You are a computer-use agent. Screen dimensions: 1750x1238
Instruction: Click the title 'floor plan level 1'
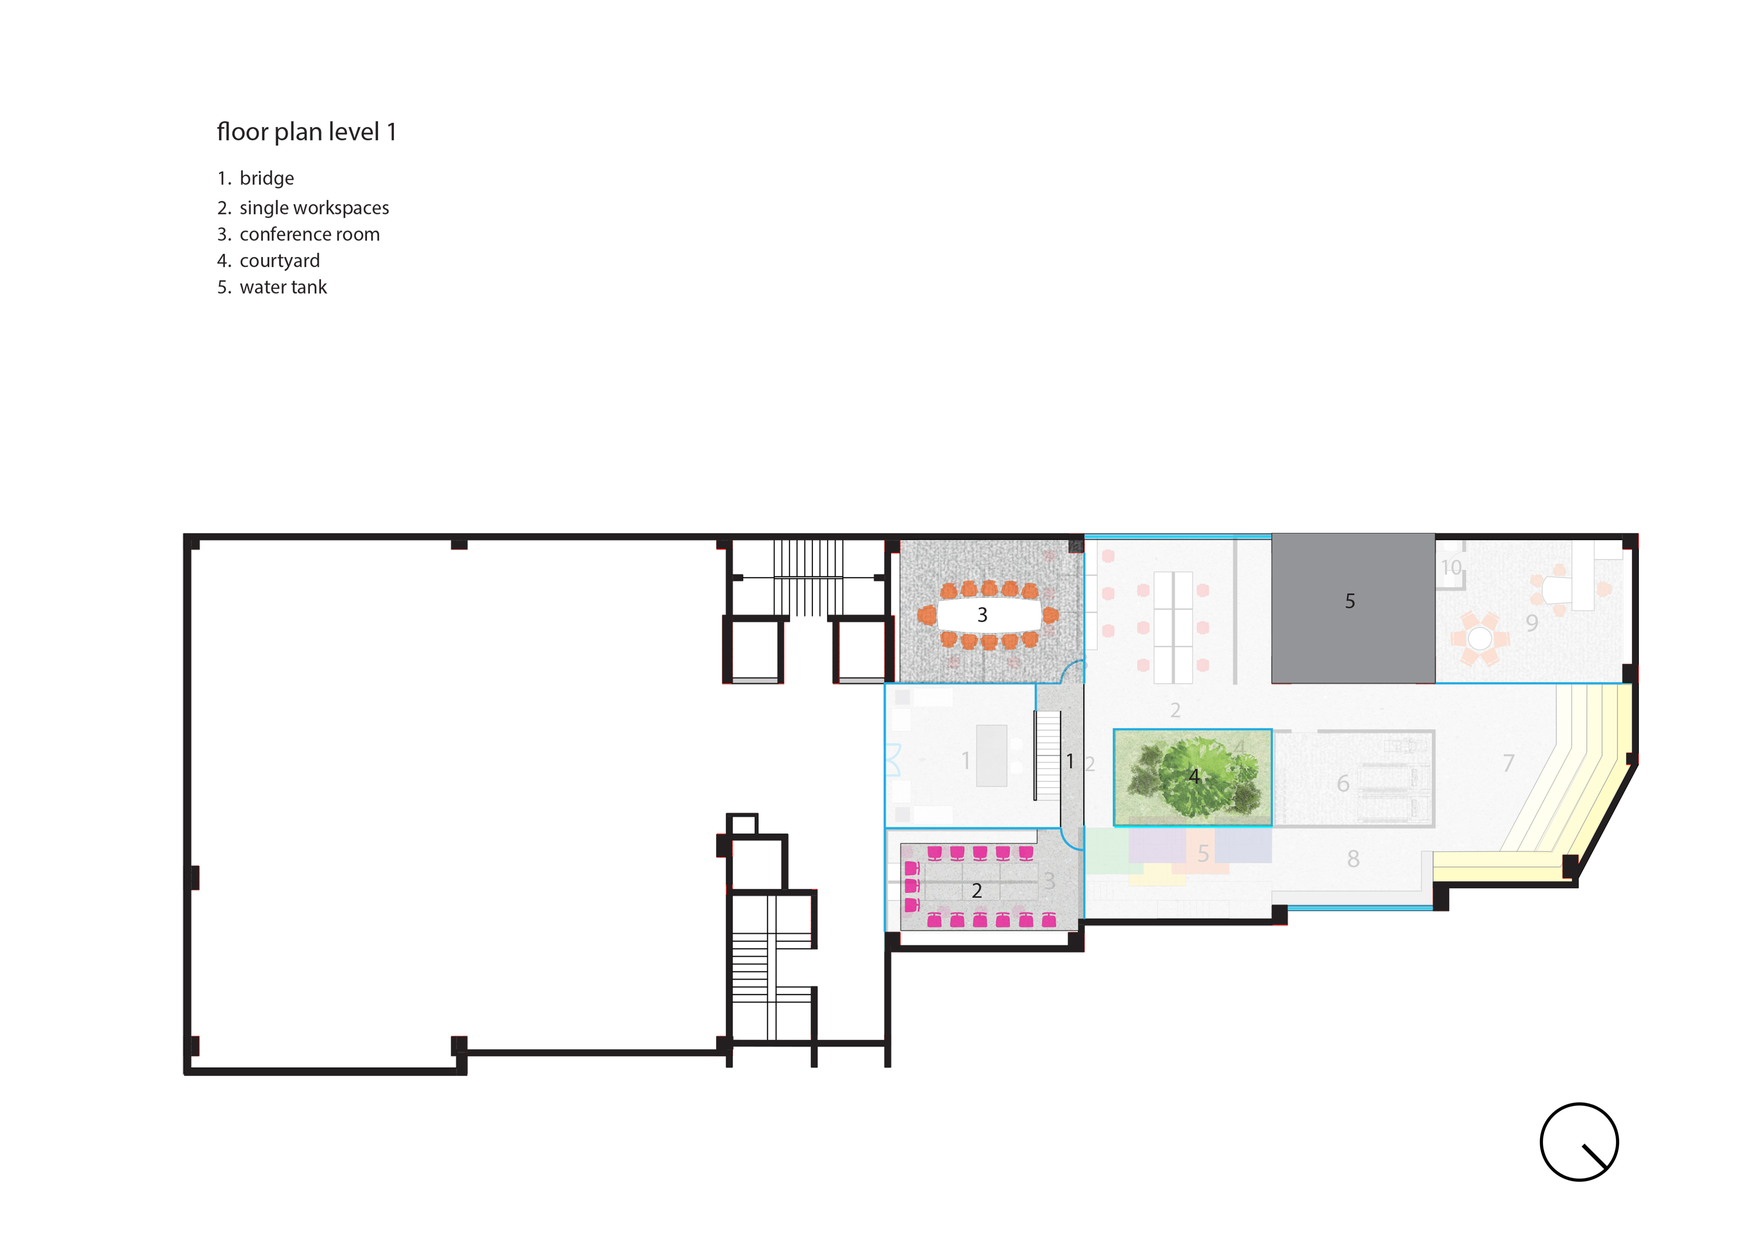(307, 132)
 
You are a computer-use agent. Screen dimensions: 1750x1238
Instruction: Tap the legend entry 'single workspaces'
(314, 208)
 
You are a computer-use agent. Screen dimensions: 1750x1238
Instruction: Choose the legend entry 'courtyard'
(280, 261)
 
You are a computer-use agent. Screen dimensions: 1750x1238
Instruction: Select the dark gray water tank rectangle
(1353, 608)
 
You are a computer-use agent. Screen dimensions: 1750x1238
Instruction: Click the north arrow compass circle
(1579, 1142)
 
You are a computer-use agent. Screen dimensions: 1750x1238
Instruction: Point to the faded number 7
(1508, 763)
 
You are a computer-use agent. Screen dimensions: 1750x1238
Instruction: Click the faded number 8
(1353, 859)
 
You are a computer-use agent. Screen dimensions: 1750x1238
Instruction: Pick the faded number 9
(1532, 624)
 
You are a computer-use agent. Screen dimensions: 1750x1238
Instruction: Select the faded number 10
(1451, 568)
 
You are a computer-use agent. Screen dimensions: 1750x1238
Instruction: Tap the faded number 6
(1343, 784)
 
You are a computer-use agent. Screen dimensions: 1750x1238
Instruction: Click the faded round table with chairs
(1479, 638)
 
